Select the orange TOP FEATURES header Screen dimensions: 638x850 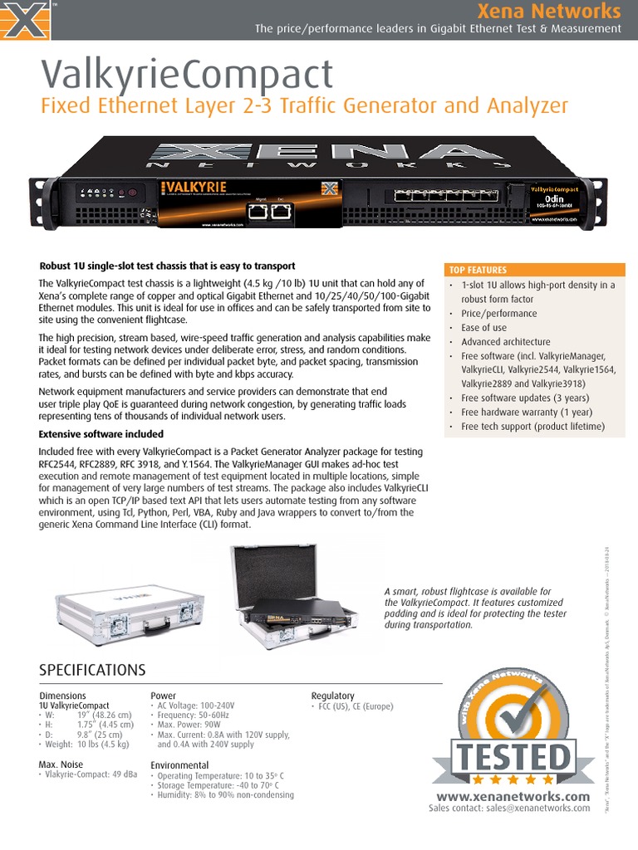[x=478, y=270]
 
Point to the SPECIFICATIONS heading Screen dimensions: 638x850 [x=92, y=670]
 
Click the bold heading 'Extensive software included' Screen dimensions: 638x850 [x=101, y=434]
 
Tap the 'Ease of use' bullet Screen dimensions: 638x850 [x=483, y=328]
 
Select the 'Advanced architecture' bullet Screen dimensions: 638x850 [x=505, y=342]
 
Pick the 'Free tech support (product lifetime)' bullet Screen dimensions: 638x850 [x=532, y=427]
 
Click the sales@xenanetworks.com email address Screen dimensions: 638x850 [x=537, y=808]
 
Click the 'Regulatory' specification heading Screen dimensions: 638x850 [x=332, y=696]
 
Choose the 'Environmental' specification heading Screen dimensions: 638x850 [x=179, y=765]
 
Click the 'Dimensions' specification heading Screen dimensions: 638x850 [x=63, y=696]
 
